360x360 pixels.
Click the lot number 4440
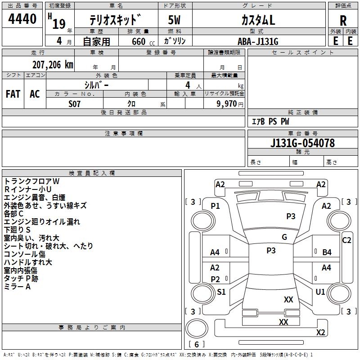pos(22,19)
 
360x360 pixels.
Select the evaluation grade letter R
pos(343,21)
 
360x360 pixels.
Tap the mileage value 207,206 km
pos(53,65)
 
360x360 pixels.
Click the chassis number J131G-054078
pos(302,143)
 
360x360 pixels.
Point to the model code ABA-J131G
pos(258,41)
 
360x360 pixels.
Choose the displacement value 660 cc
pos(143,42)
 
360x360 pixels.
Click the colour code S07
pos(74,104)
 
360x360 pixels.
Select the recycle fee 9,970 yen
pos(229,104)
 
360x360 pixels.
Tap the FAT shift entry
pos(13,94)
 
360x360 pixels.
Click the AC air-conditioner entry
pos(35,94)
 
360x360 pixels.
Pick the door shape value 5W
pos(174,20)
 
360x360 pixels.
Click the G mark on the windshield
pos(284,237)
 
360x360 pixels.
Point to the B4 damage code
pos(327,252)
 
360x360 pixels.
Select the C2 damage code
pos(346,240)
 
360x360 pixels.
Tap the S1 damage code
pos(221,292)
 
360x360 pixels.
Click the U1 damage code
pos(320,292)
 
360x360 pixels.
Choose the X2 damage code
pos(320,332)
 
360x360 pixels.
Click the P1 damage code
pos(216,206)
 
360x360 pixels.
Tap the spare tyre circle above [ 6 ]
pos(197,328)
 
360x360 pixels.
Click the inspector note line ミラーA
pos(17,287)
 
